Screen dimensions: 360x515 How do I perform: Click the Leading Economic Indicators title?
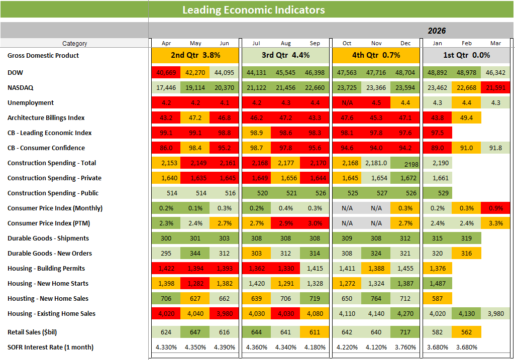[253, 10]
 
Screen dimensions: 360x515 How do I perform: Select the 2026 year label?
[437, 31]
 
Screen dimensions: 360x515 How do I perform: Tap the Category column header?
[74, 44]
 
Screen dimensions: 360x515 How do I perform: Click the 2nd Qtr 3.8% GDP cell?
[195, 55]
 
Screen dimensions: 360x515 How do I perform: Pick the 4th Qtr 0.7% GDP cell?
[376, 55]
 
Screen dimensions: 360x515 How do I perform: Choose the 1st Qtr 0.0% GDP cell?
[467, 55]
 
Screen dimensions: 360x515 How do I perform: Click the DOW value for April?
[166, 73]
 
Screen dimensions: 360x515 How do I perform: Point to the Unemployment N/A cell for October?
[347, 103]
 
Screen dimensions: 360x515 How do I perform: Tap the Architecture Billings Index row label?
[46, 118]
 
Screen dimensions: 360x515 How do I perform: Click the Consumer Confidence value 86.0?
[166, 148]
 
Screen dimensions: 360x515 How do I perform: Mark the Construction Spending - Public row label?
[53, 193]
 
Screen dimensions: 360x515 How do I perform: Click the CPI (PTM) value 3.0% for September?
[315, 223]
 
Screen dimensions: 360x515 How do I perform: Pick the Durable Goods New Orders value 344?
[195, 254]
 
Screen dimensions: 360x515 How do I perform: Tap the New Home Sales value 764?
[376, 299]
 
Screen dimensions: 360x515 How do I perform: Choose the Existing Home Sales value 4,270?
[405, 314]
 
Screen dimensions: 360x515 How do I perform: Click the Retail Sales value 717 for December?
[405, 332]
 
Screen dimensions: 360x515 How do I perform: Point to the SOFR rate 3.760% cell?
[405, 347]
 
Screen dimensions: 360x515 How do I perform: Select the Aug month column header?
[285, 44]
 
